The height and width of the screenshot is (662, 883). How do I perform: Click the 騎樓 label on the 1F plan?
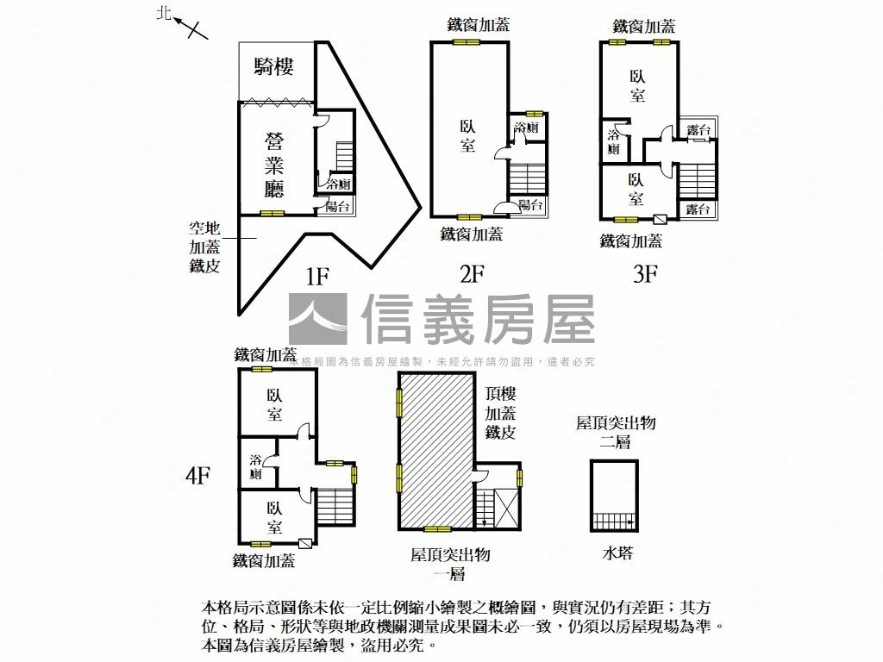point(273,67)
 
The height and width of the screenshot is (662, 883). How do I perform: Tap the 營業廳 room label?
point(274,165)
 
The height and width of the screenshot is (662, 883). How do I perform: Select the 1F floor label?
point(317,277)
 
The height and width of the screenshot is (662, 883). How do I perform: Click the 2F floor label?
point(472,274)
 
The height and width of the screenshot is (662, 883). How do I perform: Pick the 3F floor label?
point(645,274)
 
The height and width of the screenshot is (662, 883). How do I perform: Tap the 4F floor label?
point(197,476)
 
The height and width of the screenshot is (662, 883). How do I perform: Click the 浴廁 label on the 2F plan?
point(527,128)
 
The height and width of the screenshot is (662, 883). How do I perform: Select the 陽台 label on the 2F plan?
point(531,204)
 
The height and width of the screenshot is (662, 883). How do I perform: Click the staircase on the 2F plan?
point(528,179)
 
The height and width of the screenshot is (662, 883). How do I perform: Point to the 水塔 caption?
point(617,553)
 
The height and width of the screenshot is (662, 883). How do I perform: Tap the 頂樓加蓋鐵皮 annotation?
point(501,413)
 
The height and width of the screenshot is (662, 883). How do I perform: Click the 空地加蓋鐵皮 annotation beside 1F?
point(204,247)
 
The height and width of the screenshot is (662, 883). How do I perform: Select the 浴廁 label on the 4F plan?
point(256,466)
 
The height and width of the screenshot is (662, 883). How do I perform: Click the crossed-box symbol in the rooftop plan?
point(504,509)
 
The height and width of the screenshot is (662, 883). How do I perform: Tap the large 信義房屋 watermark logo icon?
point(318,319)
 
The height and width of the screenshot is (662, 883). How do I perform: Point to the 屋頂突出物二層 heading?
point(616,433)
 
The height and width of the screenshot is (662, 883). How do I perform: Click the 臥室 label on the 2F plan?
point(468,135)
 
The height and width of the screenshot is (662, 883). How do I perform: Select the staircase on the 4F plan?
point(335,507)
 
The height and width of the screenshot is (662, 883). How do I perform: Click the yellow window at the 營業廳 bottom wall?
point(272,214)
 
